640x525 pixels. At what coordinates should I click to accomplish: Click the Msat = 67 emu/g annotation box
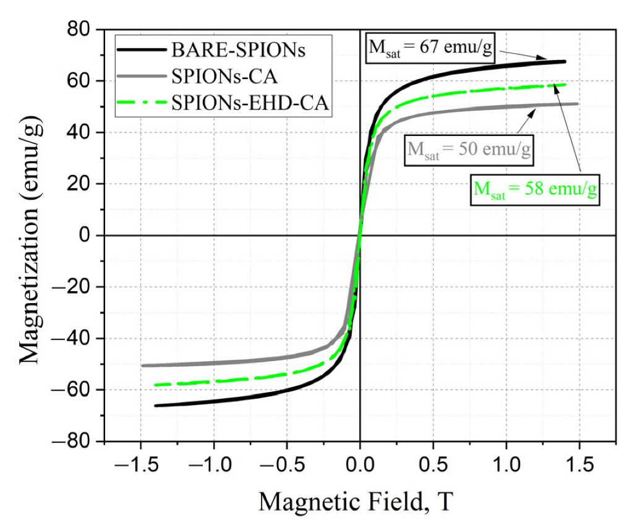point(430,49)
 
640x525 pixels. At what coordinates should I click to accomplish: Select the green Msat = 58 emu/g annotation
point(535,189)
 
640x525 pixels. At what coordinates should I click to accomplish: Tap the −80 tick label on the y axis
point(77,442)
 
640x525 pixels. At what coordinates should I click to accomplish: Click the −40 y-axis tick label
point(77,339)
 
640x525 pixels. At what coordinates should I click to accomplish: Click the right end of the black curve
point(565,61)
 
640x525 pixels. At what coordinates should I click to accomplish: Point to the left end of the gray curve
point(143,365)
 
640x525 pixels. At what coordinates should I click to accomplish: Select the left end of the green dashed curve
point(156,385)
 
